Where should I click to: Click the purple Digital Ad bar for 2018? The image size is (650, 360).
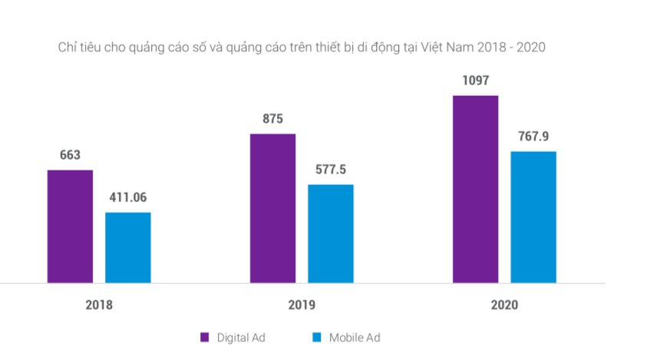(x=70, y=226)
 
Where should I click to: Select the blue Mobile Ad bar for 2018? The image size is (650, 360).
(x=128, y=247)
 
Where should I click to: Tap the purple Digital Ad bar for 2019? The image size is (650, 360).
(x=272, y=208)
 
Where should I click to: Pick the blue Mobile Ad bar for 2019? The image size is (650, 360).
(x=331, y=233)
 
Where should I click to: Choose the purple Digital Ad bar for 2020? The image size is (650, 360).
(x=475, y=189)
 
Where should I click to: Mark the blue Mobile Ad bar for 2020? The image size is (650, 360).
(x=533, y=217)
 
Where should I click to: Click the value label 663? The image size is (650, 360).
(x=70, y=155)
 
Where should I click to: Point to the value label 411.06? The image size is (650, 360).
(x=127, y=197)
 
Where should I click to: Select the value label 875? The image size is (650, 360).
(x=272, y=119)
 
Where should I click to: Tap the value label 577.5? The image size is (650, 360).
(x=331, y=170)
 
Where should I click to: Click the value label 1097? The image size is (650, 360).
(x=475, y=81)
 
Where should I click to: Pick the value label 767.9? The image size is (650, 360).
(x=533, y=137)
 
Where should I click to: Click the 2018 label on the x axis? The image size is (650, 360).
(x=99, y=305)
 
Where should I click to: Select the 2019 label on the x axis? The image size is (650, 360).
(x=302, y=305)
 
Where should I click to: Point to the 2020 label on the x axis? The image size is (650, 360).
(x=504, y=305)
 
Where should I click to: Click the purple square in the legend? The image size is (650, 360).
(x=205, y=337)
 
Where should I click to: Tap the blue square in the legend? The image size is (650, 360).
(x=317, y=337)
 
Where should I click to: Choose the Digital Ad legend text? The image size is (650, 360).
(x=241, y=337)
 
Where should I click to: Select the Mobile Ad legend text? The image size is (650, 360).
(x=355, y=337)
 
